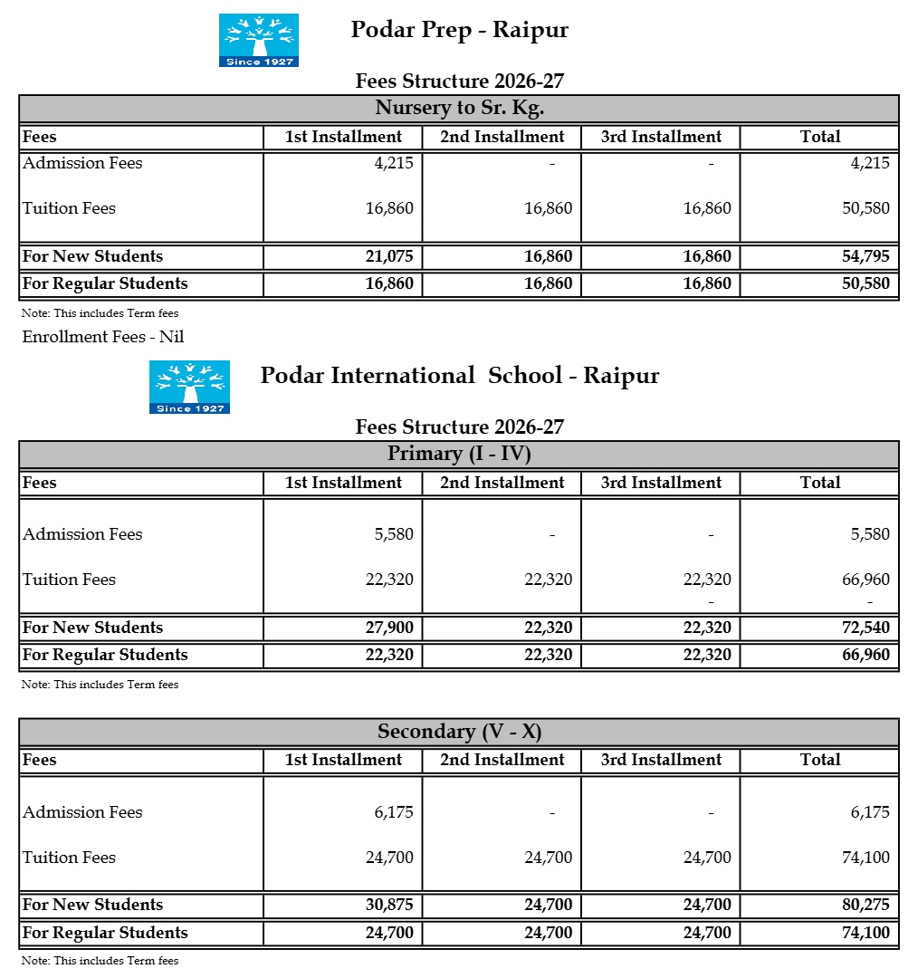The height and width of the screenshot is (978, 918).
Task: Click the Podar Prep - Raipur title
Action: click(459, 30)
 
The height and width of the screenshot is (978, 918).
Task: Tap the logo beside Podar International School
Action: click(189, 387)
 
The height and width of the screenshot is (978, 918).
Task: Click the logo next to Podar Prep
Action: click(259, 40)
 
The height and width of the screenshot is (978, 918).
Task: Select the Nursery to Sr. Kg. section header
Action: click(459, 109)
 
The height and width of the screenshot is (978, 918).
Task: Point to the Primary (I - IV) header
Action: click(459, 454)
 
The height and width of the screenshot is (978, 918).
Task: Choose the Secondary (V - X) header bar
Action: click(459, 732)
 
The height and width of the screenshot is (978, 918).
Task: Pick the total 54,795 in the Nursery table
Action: click(865, 256)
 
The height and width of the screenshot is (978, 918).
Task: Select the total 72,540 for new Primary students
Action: click(865, 628)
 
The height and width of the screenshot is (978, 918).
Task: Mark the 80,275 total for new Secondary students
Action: click(865, 905)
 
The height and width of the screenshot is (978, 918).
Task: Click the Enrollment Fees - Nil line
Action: click(103, 337)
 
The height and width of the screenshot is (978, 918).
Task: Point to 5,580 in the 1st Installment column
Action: click(394, 534)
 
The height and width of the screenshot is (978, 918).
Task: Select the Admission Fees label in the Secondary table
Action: click(82, 812)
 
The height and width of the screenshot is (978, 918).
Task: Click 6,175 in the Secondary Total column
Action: click(870, 812)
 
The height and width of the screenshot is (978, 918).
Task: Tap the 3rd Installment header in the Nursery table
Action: click(661, 137)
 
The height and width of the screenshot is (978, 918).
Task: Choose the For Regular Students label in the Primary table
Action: click(105, 655)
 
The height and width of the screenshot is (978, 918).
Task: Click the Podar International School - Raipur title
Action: click(459, 376)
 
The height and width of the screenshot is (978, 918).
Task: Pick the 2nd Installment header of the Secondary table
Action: click(502, 760)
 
